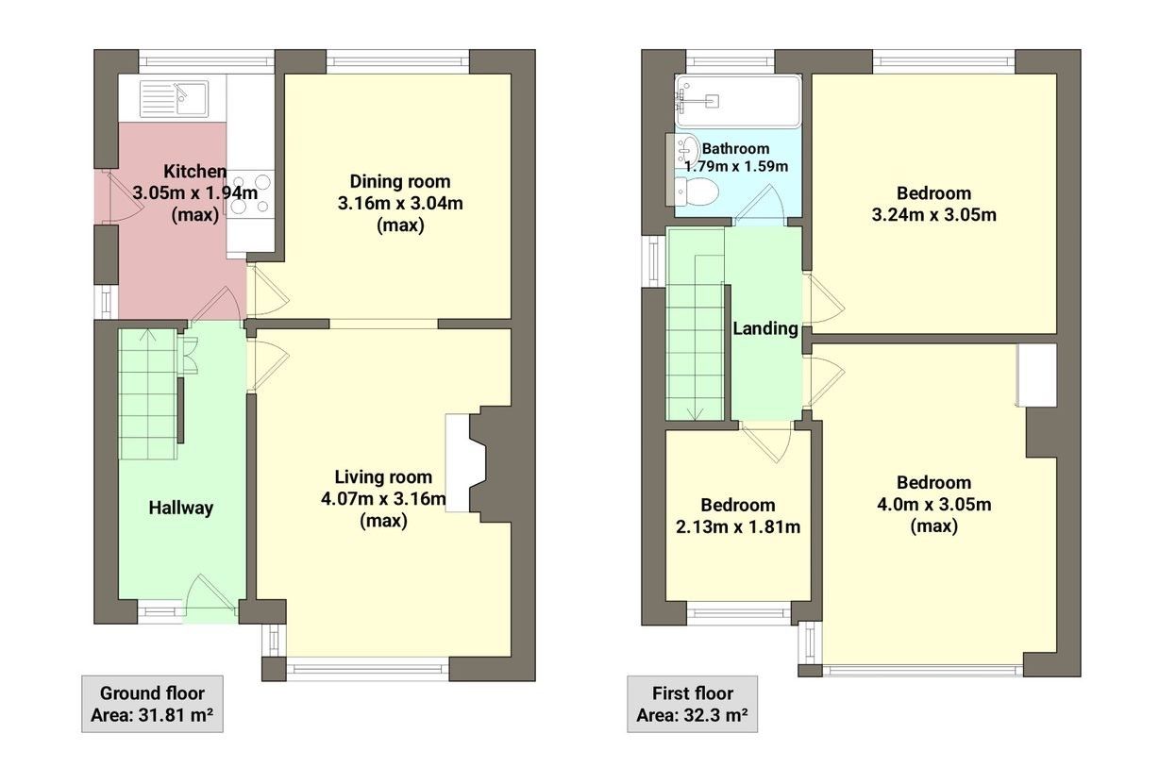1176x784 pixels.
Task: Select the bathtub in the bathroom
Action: tap(737, 101)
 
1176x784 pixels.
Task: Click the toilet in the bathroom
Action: tap(697, 192)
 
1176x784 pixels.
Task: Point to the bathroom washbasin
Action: tap(686, 150)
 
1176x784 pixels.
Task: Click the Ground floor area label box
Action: tap(151, 704)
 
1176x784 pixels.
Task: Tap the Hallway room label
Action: tap(181, 508)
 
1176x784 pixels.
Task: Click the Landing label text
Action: tap(765, 329)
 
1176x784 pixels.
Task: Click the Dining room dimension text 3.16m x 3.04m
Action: tap(400, 203)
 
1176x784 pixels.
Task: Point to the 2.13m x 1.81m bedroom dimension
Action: tap(737, 526)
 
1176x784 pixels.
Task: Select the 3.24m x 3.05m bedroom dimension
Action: tap(933, 214)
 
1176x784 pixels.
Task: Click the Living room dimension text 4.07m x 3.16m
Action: tap(383, 498)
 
